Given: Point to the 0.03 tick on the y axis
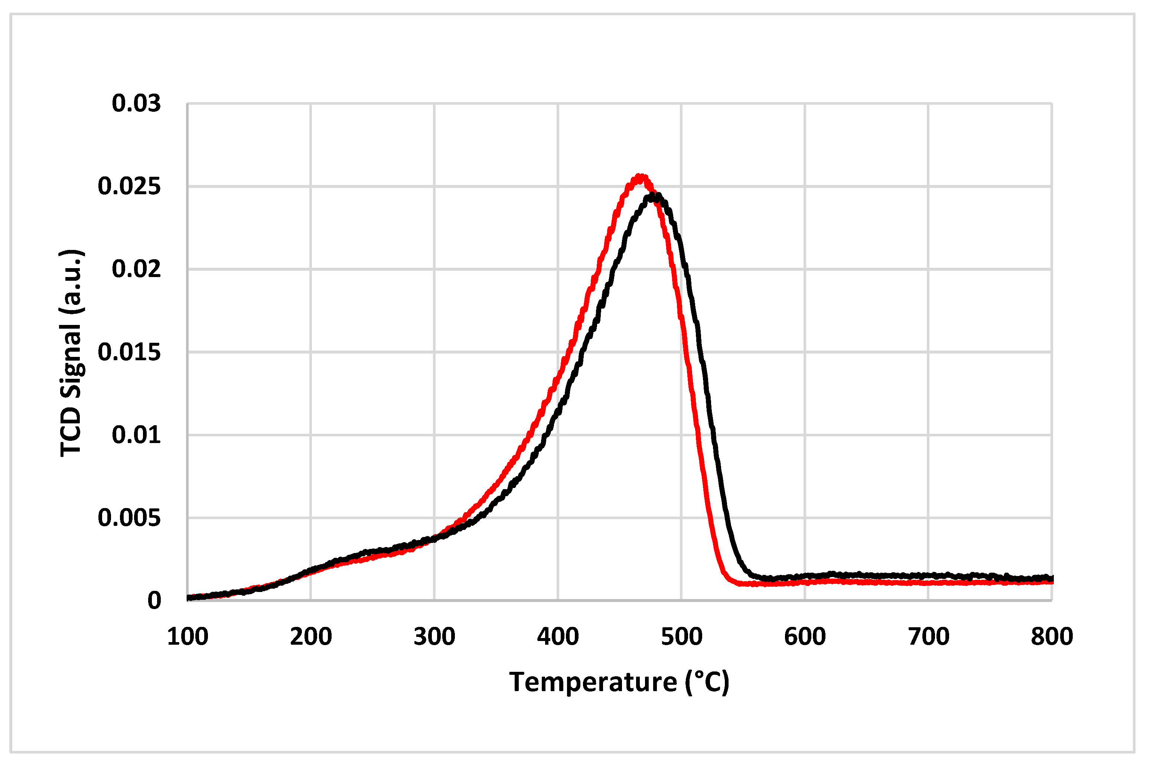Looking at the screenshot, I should tap(136, 103).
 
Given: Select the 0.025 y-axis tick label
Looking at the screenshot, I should tap(129, 186).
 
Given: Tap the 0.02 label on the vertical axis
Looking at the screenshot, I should tap(136, 269).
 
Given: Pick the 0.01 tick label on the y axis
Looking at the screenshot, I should tap(136, 435).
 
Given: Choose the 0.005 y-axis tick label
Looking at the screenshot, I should tap(129, 518).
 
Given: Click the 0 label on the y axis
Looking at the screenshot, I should tap(154, 601).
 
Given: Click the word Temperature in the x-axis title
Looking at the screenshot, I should tap(593, 682).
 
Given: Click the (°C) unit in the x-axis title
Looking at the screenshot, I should tap(707, 682).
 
